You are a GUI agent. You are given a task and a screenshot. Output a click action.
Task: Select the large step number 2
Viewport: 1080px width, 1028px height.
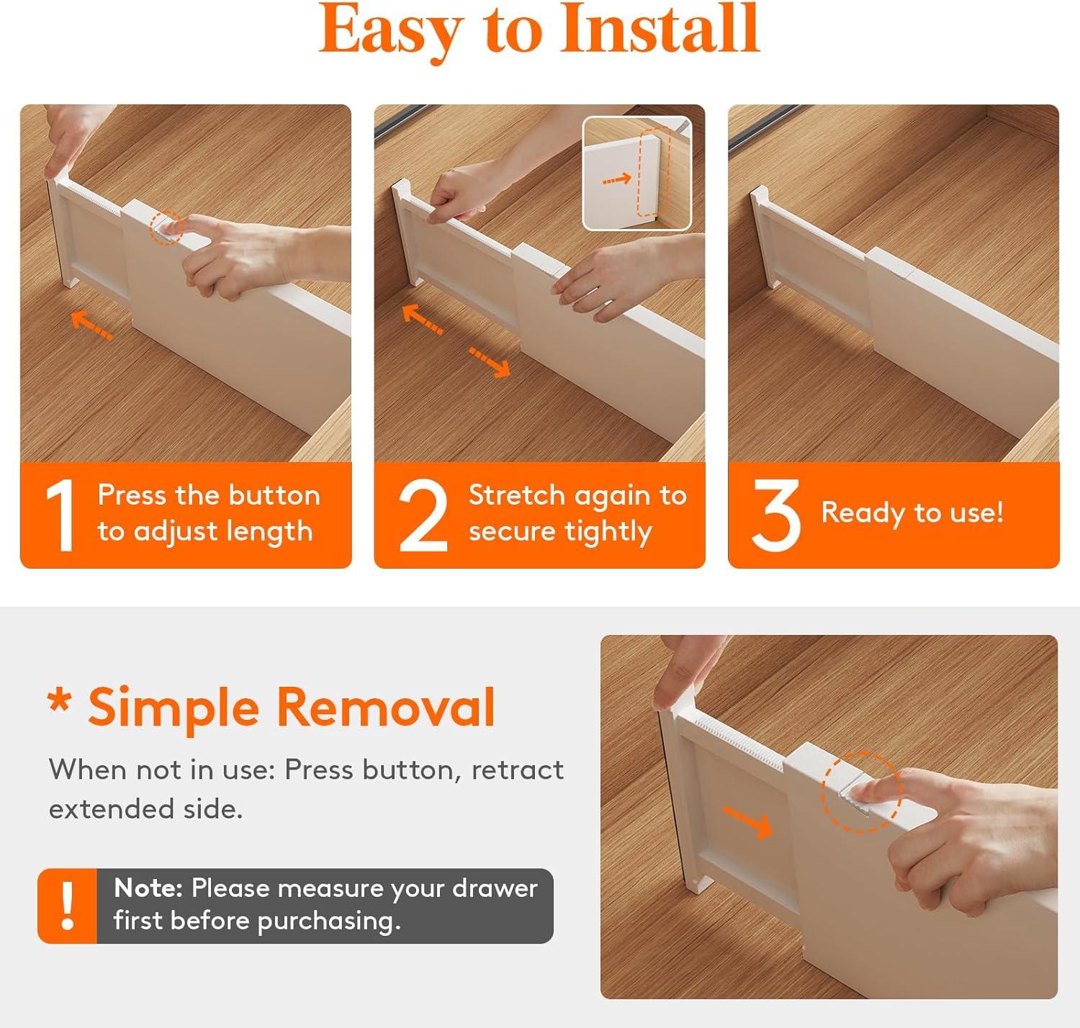[423, 515]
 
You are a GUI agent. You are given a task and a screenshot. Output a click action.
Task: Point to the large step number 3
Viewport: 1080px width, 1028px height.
[775, 515]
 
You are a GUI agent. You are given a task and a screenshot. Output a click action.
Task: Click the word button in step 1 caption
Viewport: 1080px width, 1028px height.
[274, 495]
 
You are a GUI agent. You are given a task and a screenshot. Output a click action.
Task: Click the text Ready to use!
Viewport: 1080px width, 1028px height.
[912, 513]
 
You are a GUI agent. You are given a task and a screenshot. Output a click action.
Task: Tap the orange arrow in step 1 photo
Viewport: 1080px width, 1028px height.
[92, 325]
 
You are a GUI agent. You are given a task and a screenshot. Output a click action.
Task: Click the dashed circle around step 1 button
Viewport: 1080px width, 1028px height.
[167, 228]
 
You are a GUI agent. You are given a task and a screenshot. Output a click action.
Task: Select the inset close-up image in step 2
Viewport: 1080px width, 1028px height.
[636, 173]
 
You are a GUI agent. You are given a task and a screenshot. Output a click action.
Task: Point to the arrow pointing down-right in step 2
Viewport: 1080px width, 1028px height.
[490, 362]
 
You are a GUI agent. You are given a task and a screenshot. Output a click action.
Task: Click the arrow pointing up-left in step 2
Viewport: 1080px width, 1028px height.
[423, 318]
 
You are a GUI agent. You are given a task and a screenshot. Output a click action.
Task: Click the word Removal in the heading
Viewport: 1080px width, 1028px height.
[386, 707]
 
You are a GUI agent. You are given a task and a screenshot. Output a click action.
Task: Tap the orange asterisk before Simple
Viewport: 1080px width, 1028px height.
[59, 700]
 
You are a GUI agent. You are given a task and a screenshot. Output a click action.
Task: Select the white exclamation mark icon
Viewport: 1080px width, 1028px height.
[68, 906]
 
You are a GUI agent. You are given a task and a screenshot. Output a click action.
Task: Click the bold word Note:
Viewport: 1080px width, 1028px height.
[148, 888]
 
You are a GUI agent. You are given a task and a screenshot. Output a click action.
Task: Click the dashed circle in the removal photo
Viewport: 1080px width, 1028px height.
[861, 793]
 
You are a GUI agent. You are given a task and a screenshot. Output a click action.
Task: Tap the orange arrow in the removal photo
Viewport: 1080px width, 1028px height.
[748, 822]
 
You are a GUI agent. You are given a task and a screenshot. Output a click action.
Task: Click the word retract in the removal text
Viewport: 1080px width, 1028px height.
[517, 770]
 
